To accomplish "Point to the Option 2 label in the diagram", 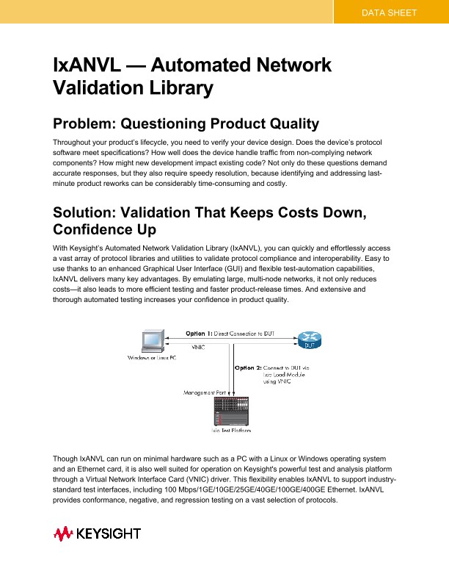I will (252, 367).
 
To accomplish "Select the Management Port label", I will (203, 393).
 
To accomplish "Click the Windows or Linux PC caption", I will (151, 358).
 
